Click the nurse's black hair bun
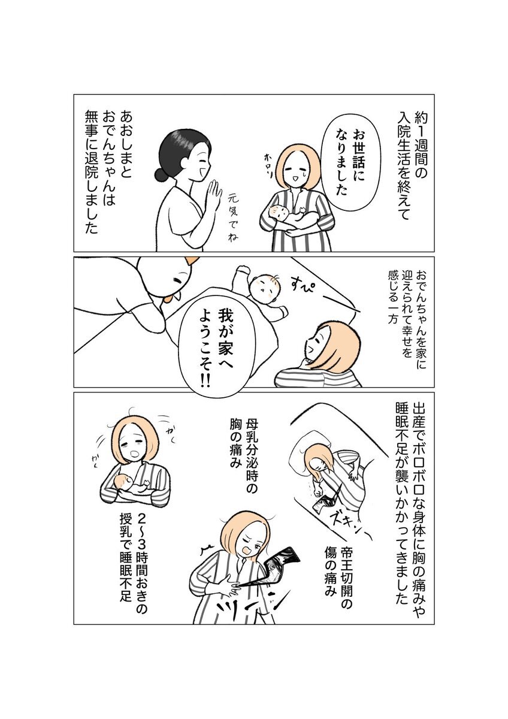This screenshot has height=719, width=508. pyautogui.click(x=161, y=174)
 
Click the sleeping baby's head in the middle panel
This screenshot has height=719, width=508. pyautogui.click(x=264, y=286)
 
